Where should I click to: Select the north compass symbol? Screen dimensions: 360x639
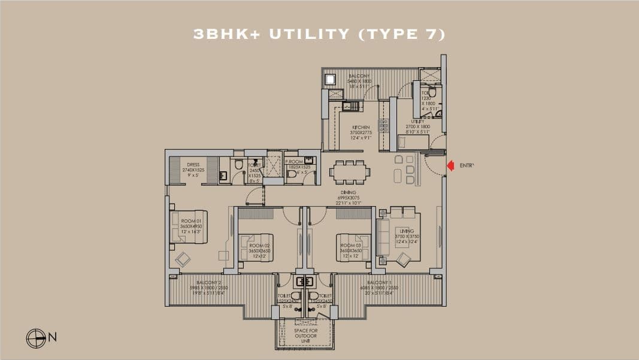point(36,338)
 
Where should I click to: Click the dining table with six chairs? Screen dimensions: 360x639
point(350,171)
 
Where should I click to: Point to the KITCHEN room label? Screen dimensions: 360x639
point(361,128)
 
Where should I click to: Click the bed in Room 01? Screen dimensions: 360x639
point(189,226)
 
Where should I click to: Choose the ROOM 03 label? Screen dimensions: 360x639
point(349,245)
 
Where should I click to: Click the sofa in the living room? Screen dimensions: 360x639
point(383,236)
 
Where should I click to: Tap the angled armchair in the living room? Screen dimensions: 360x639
point(403,259)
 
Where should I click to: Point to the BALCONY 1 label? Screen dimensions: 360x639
point(378,282)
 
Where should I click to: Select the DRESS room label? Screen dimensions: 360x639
point(193,164)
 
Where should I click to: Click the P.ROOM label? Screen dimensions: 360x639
point(293,162)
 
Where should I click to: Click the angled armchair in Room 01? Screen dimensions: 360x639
point(182,259)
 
